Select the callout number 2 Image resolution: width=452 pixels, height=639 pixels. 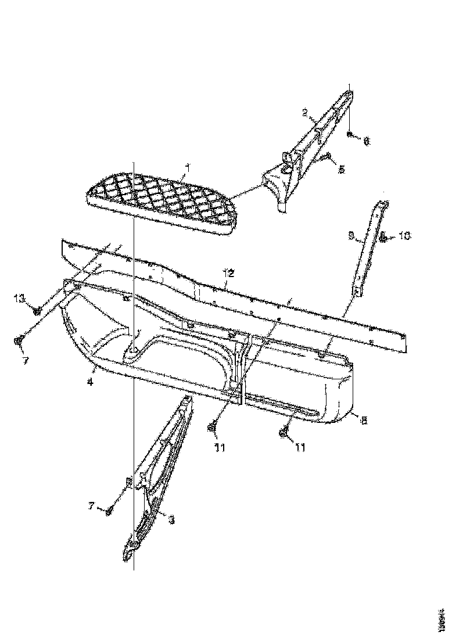tap(303, 112)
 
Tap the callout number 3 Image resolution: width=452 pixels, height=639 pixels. tap(171, 520)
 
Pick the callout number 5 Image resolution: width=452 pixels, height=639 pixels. tap(341, 169)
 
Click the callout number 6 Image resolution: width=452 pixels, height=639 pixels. tap(366, 140)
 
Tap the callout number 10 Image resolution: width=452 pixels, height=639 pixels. tap(404, 236)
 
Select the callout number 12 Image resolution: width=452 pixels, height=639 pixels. tap(228, 272)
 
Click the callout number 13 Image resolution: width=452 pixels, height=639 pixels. tap(20, 298)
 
